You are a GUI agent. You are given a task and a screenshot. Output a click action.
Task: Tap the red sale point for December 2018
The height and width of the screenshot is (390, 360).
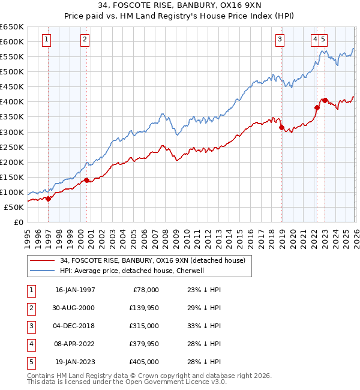click(281, 127)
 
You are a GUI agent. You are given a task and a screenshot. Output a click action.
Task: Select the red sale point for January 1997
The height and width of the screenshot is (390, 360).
click(49, 199)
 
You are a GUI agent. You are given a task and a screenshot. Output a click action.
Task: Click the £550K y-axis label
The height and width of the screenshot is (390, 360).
click(12, 57)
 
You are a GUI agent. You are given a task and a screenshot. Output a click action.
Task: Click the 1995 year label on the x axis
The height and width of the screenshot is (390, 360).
click(28, 235)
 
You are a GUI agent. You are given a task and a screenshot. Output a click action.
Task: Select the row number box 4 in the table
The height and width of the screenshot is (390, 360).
click(30, 344)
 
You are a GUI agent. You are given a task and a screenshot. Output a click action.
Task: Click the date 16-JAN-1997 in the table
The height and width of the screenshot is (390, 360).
click(75, 289)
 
